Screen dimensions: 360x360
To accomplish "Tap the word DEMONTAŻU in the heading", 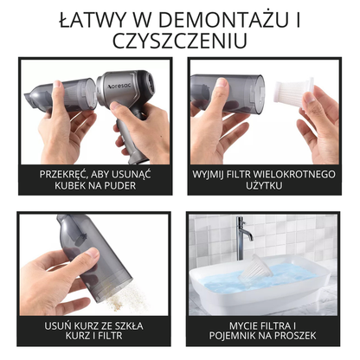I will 210,18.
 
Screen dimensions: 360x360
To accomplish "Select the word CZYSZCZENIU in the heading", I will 180,40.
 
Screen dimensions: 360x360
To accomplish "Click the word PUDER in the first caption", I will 124,185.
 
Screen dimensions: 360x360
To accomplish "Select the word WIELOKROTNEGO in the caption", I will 295,173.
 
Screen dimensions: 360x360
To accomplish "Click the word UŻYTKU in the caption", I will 265,185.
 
